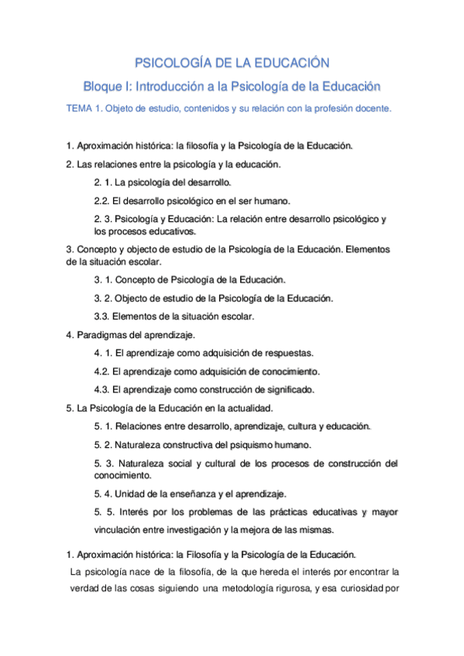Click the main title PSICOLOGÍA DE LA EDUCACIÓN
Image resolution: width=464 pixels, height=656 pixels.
(x=232, y=62)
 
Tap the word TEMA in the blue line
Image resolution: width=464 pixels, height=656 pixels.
(x=80, y=109)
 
